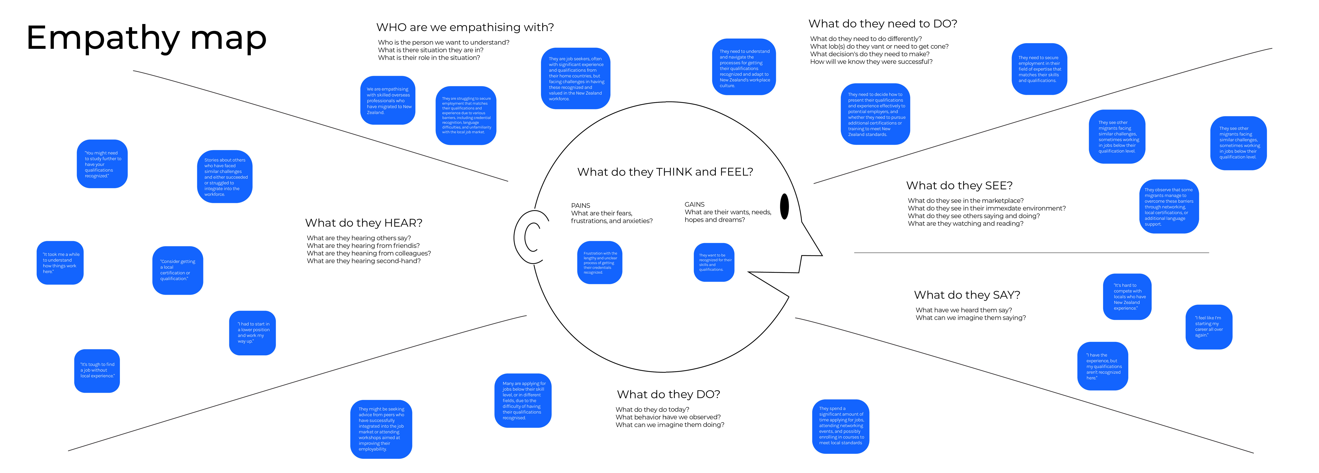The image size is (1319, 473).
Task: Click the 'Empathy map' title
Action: [146, 38]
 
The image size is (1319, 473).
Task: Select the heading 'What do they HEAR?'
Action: [364, 223]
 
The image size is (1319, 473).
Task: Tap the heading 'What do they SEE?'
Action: [959, 186]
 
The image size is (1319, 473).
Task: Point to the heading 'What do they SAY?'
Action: [967, 295]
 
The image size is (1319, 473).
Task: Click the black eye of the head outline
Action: [784, 207]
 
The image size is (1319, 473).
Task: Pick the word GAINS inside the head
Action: [694, 204]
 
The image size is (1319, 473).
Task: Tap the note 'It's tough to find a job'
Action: [97, 371]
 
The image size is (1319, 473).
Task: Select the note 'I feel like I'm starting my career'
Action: [1209, 327]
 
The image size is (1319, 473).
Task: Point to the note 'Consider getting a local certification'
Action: [178, 270]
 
